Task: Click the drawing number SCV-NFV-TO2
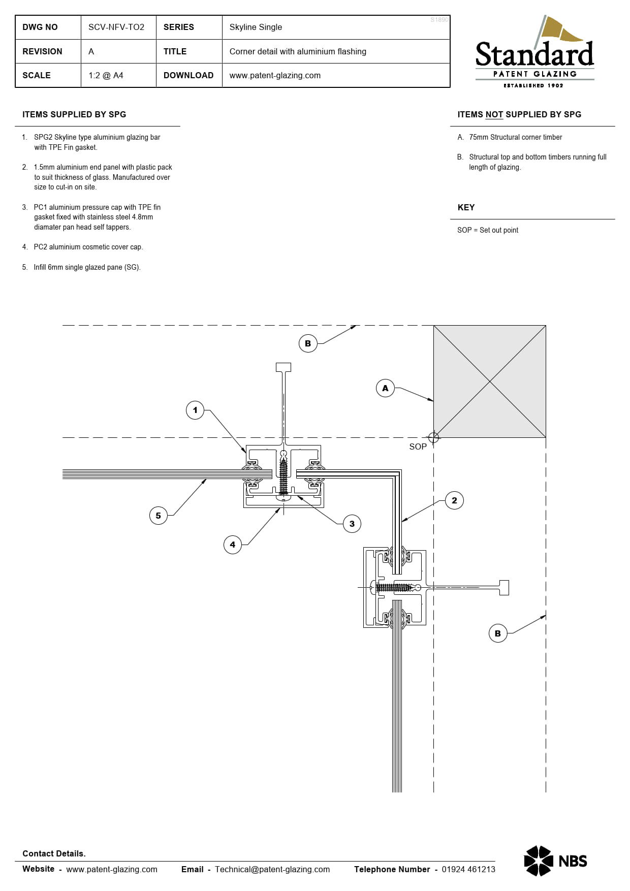pyautogui.click(x=116, y=27)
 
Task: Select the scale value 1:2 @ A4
pyautogui.click(x=106, y=75)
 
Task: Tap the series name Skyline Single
pyautogui.click(x=256, y=27)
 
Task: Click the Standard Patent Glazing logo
pyautogui.click(x=534, y=53)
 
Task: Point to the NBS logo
pyautogui.click(x=555, y=861)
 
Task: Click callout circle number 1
pyautogui.click(x=195, y=410)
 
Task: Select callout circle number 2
pyautogui.click(x=454, y=500)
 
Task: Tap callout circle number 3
pyautogui.click(x=352, y=524)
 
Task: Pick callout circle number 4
pyautogui.click(x=233, y=545)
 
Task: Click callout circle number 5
pyautogui.click(x=159, y=516)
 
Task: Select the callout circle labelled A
pyautogui.click(x=385, y=388)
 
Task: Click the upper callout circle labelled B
pyautogui.click(x=308, y=343)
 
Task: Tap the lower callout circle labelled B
pyautogui.click(x=498, y=633)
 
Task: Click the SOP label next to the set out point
pyautogui.click(x=418, y=447)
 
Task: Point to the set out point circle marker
pyautogui.click(x=433, y=437)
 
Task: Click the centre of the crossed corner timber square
pyautogui.click(x=490, y=381)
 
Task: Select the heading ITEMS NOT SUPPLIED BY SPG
pyautogui.click(x=519, y=114)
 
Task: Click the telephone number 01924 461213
pyautogui.click(x=468, y=869)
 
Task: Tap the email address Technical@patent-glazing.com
pyautogui.click(x=272, y=869)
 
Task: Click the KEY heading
pyautogui.click(x=466, y=207)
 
